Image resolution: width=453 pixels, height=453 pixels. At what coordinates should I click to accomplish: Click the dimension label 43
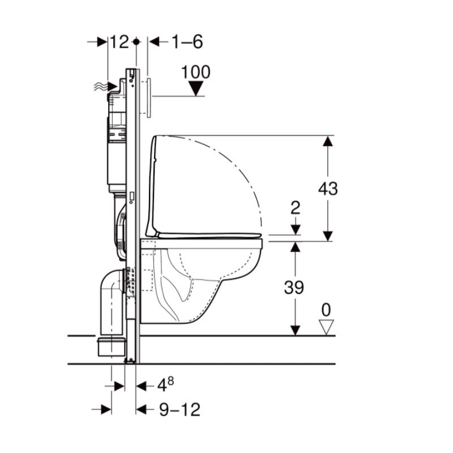click(x=328, y=189)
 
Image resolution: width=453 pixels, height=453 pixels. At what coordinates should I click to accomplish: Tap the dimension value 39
click(x=294, y=287)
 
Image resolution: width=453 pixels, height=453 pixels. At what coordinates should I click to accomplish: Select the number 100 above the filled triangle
click(x=195, y=72)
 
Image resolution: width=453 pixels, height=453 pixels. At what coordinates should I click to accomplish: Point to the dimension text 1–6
click(x=187, y=42)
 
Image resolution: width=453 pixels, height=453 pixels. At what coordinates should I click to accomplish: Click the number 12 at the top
click(x=119, y=42)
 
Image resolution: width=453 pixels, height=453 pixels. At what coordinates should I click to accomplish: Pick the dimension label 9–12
click(x=180, y=409)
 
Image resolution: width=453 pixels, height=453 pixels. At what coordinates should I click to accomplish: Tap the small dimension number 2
click(x=295, y=207)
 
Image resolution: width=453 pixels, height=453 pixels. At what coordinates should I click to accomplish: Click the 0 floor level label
click(x=326, y=310)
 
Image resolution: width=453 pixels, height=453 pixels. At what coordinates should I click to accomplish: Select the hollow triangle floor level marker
click(x=326, y=327)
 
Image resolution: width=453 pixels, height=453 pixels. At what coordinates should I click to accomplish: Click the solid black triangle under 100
click(x=196, y=88)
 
